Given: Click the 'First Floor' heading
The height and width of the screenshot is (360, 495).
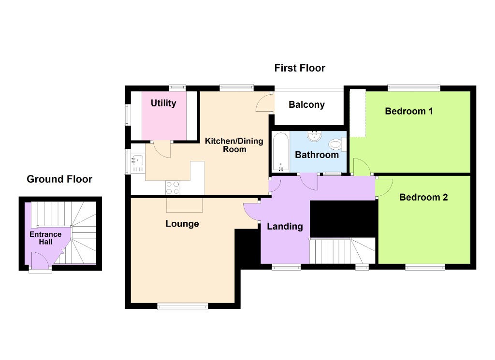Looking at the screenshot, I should pyautogui.click(x=300, y=68).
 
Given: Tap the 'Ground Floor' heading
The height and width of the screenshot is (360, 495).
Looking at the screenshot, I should pyautogui.click(x=59, y=179).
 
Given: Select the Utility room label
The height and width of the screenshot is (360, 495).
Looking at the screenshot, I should pyautogui.click(x=163, y=103).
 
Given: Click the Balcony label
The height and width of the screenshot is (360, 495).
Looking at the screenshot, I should pyautogui.click(x=306, y=104).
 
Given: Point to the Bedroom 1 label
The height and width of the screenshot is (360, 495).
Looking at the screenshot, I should pyautogui.click(x=408, y=111).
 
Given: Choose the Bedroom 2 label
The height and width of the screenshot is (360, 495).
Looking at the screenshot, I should pyautogui.click(x=423, y=197).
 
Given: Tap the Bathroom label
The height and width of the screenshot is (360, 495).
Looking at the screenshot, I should pyautogui.click(x=317, y=155).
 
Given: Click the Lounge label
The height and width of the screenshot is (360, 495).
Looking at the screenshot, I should pyautogui.click(x=182, y=224).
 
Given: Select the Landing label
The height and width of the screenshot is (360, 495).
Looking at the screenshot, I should pyautogui.click(x=285, y=226).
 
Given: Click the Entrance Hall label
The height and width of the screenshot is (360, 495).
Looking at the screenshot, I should pyautogui.click(x=46, y=238).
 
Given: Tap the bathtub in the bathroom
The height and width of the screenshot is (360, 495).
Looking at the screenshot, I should pyautogui.click(x=281, y=152).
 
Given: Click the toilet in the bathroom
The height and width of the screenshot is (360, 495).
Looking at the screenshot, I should pyautogui.click(x=335, y=144).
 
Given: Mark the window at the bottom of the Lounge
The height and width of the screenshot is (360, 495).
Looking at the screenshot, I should pyautogui.click(x=183, y=305).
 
